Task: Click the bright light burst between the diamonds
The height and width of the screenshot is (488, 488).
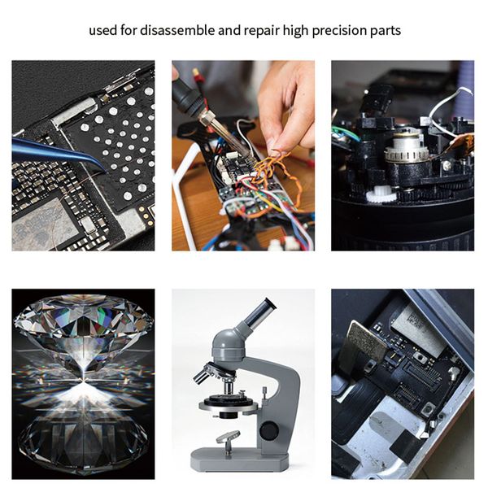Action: pyautogui.click(x=81, y=382)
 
